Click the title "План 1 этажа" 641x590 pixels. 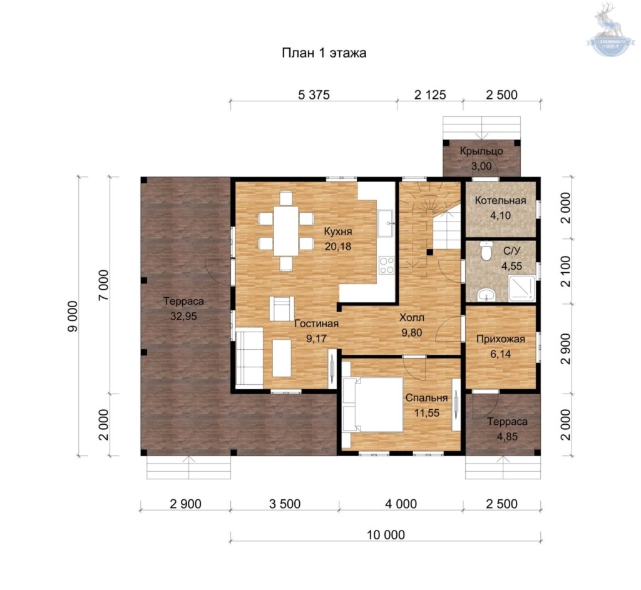(324, 53)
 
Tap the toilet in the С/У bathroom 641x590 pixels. (486, 251)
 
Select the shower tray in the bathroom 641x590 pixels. (521, 288)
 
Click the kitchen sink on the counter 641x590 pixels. (386, 223)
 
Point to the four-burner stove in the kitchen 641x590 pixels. (386, 265)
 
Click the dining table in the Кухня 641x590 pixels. (286, 231)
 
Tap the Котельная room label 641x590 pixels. (500, 201)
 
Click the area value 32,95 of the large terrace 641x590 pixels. (183, 316)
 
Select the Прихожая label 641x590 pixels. (500, 339)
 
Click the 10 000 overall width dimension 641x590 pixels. (386, 535)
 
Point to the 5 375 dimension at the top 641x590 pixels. (314, 95)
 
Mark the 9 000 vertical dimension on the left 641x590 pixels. (73, 316)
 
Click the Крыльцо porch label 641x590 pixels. (481, 151)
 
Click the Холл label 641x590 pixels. (412, 317)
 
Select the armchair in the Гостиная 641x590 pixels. (282, 308)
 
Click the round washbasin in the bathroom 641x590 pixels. (486, 295)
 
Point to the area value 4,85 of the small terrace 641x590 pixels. (507, 437)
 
